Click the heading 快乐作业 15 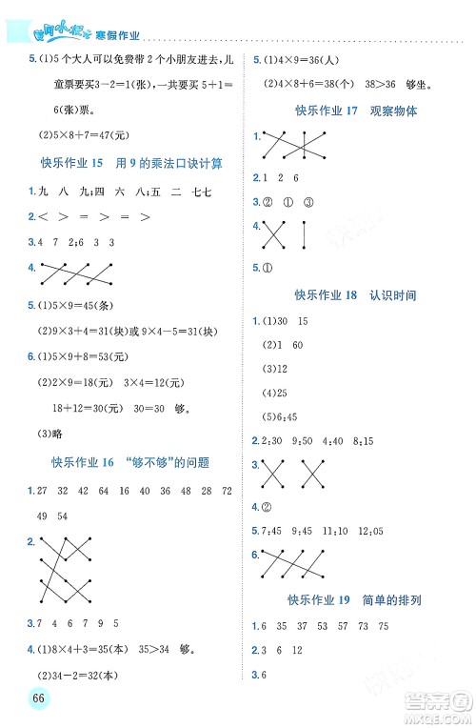(x=129, y=163)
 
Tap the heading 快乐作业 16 (x=129, y=462)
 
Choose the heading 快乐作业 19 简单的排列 (x=353, y=600)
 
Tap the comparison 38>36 (x=377, y=84)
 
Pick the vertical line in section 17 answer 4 (x=304, y=234)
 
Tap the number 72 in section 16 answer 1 (x=226, y=491)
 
